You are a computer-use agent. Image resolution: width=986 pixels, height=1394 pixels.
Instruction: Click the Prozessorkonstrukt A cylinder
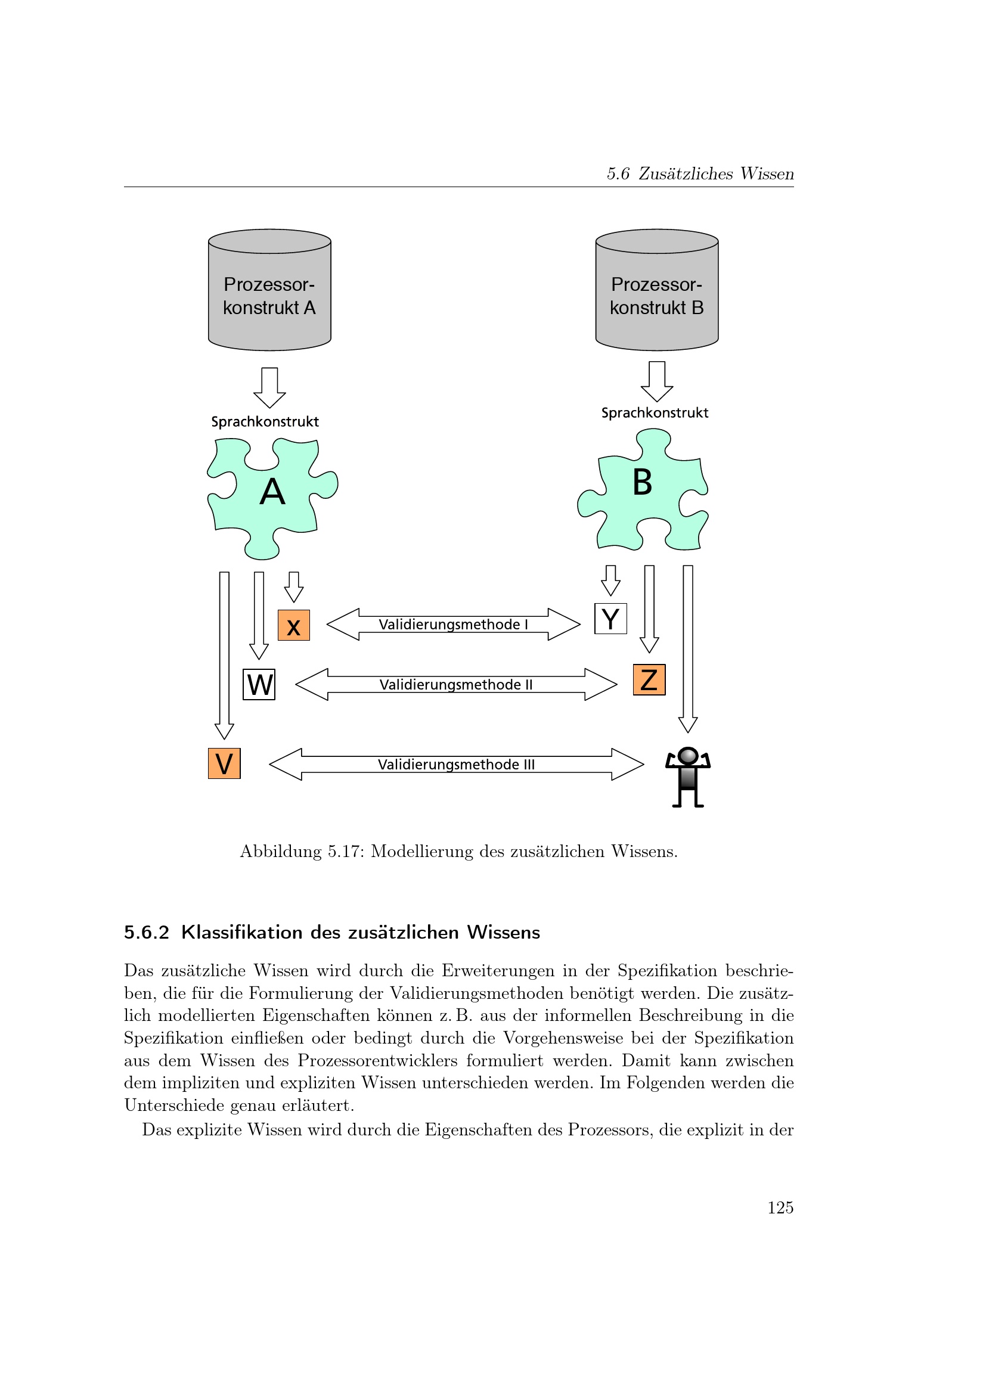click(269, 290)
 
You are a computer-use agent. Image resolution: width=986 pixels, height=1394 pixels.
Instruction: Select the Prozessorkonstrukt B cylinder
click(656, 290)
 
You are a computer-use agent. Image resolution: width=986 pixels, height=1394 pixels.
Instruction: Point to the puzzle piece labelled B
click(643, 489)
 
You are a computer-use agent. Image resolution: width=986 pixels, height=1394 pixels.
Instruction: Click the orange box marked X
click(294, 625)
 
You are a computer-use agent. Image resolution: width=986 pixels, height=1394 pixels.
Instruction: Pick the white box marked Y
click(610, 619)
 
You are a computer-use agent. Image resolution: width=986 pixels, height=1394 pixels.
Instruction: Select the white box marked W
click(259, 684)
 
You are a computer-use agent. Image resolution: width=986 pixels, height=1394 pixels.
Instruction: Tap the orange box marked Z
click(649, 679)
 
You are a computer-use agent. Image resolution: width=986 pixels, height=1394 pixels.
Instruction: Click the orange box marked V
click(224, 763)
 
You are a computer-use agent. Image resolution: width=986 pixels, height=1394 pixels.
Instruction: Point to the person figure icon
click(687, 777)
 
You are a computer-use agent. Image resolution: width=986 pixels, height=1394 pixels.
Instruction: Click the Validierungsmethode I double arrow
click(453, 624)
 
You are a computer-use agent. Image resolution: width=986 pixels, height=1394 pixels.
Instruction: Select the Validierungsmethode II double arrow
click(456, 684)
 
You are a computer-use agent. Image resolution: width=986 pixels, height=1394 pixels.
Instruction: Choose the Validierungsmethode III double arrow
click(456, 764)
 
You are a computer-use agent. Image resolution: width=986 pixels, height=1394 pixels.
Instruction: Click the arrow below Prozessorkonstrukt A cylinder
click(269, 387)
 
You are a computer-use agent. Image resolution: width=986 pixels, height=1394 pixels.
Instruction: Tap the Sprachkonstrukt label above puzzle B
click(655, 413)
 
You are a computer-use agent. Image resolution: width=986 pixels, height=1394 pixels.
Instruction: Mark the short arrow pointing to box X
click(294, 586)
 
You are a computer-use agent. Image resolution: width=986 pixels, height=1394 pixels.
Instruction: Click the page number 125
click(780, 1207)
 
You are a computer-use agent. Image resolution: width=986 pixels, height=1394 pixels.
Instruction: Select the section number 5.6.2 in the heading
click(146, 933)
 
